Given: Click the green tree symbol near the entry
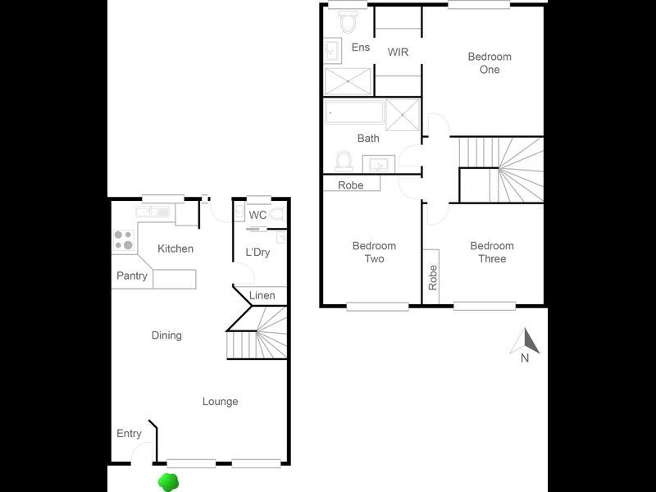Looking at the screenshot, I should click(x=168, y=483).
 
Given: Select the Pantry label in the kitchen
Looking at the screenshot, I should click(x=132, y=276).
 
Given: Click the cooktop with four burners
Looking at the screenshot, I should click(x=123, y=239).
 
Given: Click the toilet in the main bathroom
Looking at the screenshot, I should click(x=344, y=158).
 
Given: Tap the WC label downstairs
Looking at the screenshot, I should click(x=257, y=216).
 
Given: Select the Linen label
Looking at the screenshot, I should click(x=262, y=295).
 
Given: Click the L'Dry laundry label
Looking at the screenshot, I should click(x=257, y=253).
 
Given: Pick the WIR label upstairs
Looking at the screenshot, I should click(x=399, y=52).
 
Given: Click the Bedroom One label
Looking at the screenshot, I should click(x=490, y=63).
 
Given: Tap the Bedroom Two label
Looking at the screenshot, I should click(x=374, y=253).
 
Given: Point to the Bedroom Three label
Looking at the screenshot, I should click(x=492, y=253).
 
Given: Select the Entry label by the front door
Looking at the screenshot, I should click(x=129, y=434).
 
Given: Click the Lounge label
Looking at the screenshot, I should click(x=221, y=402).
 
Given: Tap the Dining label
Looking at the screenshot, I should click(x=166, y=335).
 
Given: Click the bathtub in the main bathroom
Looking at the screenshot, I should click(x=354, y=112).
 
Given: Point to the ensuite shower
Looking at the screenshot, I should click(x=348, y=82).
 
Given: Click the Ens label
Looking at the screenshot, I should click(x=360, y=48).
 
